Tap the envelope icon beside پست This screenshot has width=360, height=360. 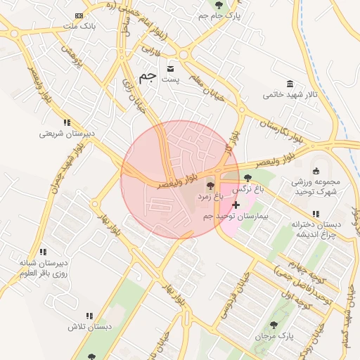(171, 69)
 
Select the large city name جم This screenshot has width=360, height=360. (147, 77)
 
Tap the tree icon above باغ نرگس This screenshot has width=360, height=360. (247, 178)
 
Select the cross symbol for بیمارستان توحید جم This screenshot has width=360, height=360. (235, 205)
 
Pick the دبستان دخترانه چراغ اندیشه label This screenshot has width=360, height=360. (316, 229)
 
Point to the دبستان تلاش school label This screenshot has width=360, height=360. (90, 327)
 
